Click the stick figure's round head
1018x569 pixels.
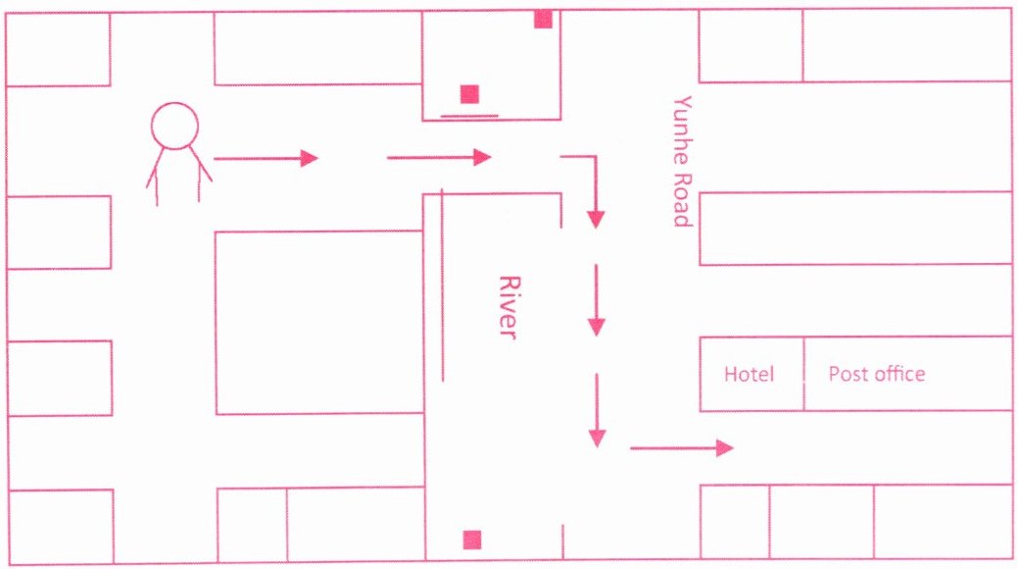174,127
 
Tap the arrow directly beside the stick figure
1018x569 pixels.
267,158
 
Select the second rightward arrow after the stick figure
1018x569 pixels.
439,157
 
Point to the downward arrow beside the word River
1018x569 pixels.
597,300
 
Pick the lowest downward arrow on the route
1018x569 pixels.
597,410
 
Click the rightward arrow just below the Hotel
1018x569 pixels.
682,448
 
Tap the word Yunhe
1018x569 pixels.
682,130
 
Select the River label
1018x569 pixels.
510,307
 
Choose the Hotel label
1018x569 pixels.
750,374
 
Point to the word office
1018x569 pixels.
899,373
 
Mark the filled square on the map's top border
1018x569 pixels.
544,20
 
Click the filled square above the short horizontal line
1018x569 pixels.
469,94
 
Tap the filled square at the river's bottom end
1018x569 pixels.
472,540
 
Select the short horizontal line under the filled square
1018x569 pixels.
469,116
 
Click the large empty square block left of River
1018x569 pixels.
319,322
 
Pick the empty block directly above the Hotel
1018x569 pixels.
855,229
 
